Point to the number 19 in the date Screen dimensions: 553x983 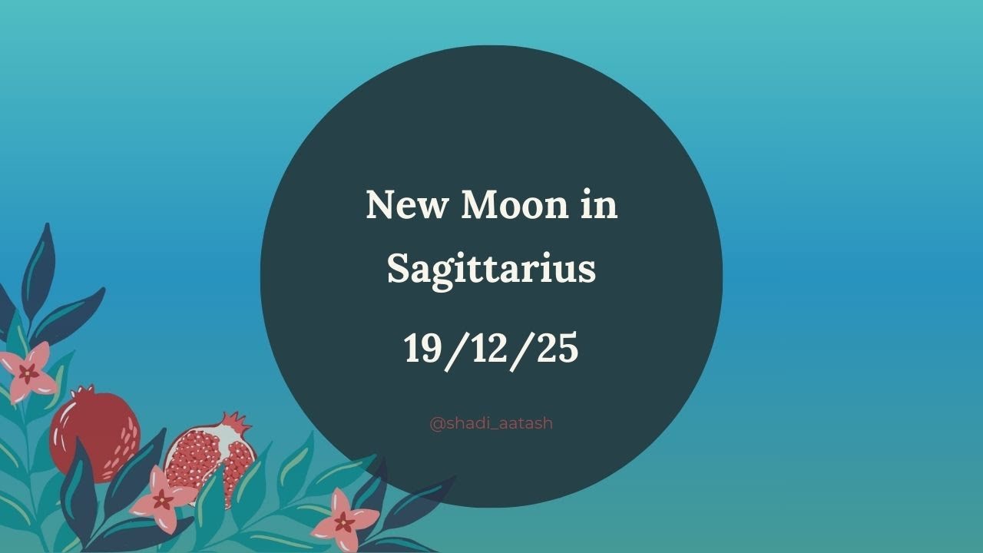[x=421, y=348]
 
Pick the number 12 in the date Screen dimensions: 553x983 [x=491, y=348]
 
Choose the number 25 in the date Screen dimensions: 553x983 [x=558, y=348]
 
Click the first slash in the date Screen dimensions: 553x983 [x=454, y=349]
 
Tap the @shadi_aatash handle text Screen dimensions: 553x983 [x=491, y=423]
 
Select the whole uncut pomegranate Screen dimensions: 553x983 [x=94, y=434]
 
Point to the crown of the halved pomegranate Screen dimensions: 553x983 [x=237, y=422]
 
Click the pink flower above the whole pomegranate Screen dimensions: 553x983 [x=29, y=373]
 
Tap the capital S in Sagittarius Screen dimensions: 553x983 [x=400, y=269]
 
